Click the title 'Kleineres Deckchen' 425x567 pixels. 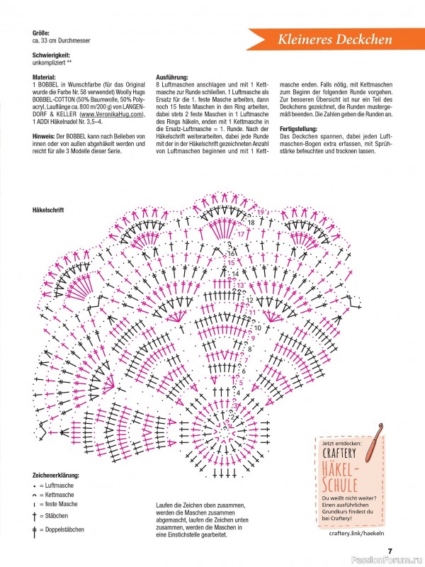pos(335,40)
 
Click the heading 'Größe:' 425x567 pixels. pos(42,33)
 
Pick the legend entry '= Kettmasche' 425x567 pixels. pos(59,494)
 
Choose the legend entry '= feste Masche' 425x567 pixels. pos(61,504)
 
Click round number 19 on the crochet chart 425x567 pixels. pos(261,213)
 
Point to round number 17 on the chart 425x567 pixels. pos(240,233)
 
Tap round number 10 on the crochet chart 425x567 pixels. pos(257,327)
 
